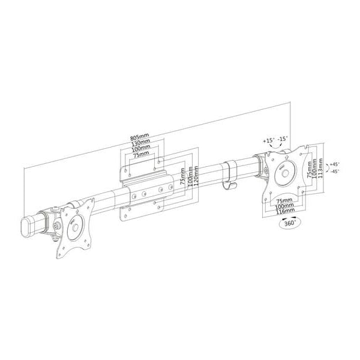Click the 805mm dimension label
tap(140, 137)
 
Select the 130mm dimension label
tap(141, 143)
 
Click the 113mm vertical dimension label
tap(320, 168)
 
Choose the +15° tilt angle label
tap(269, 140)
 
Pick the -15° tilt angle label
tap(283, 139)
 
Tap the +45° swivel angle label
tap(335, 164)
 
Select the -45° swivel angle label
tap(335, 171)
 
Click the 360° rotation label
tap(290, 223)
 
